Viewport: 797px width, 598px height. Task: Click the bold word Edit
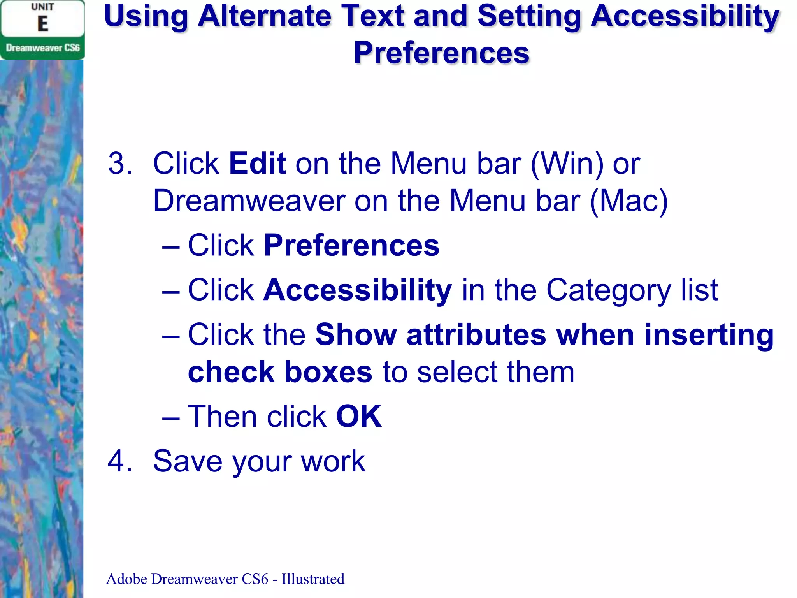(x=258, y=164)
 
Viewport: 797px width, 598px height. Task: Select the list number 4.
(x=120, y=461)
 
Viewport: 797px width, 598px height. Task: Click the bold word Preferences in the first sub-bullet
(x=351, y=246)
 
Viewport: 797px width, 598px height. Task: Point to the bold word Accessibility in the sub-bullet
(x=358, y=290)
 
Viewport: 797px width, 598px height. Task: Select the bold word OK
(x=359, y=417)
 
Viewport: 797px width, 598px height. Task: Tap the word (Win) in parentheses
(x=567, y=164)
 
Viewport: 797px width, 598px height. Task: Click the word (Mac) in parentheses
(x=629, y=201)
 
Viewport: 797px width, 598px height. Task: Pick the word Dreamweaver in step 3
(x=249, y=201)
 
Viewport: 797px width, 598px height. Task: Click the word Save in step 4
(x=188, y=461)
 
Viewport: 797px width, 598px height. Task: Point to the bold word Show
(x=356, y=335)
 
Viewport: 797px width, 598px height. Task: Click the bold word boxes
(x=328, y=372)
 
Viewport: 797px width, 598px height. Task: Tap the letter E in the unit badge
(x=43, y=24)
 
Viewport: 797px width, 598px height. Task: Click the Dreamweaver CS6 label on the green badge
(x=43, y=48)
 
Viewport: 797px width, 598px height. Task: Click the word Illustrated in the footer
(x=313, y=579)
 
